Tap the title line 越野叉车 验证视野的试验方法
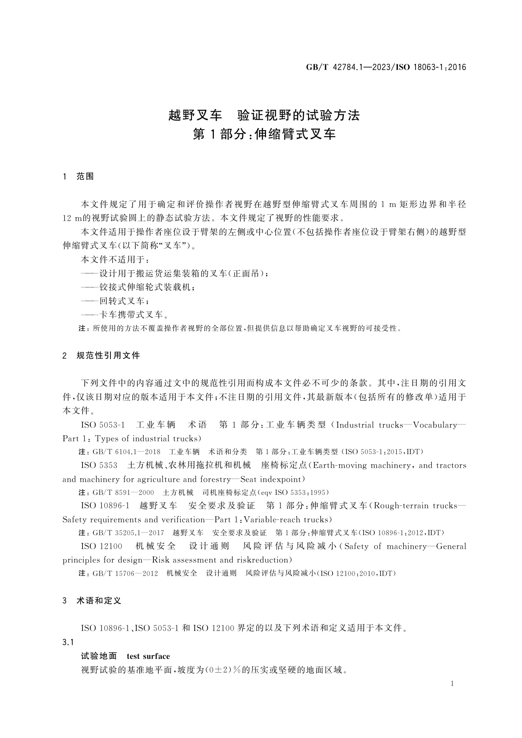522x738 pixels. click(x=264, y=115)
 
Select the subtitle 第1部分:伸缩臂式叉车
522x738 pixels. click(x=264, y=134)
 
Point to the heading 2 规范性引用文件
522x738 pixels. click(x=101, y=355)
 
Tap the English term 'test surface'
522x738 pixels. click(x=148, y=656)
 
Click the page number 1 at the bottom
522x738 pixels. click(x=452, y=684)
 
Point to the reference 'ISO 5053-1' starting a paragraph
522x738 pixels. click(x=103, y=425)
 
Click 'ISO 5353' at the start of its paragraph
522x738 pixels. click(x=99, y=465)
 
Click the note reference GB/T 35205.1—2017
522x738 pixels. click(x=128, y=533)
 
